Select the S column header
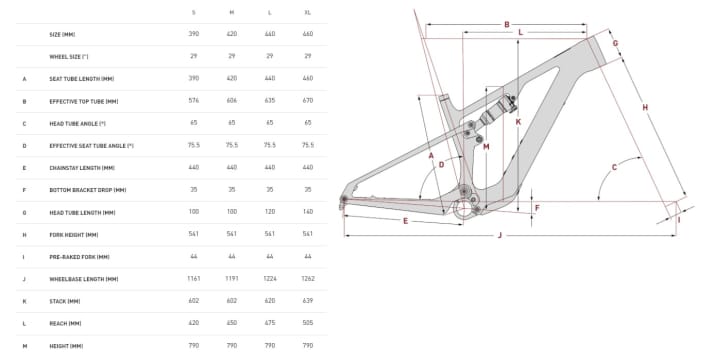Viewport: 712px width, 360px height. tap(193, 11)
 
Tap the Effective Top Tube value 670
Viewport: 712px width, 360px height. tap(307, 100)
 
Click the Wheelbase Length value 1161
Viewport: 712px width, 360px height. tap(193, 278)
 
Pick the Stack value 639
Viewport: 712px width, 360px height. tap(307, 300)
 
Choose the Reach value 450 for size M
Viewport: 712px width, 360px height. tap(231, 323)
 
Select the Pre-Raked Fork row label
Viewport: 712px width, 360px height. tap(77, 256)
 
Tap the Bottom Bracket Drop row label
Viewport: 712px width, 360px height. tap(87, 189)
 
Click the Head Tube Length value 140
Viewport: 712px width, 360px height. tap(307, 212)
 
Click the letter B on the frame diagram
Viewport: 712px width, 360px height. tap(507, 24)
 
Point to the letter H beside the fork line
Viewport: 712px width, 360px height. tap(645, 107)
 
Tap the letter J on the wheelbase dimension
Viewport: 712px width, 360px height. tap(499, 235)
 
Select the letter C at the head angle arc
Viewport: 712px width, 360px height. tap(614, 168)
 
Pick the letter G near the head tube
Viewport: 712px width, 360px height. tap(615, 43)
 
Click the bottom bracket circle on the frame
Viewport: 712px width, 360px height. tap(463, 209)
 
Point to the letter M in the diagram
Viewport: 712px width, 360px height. tap(486, 147)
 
